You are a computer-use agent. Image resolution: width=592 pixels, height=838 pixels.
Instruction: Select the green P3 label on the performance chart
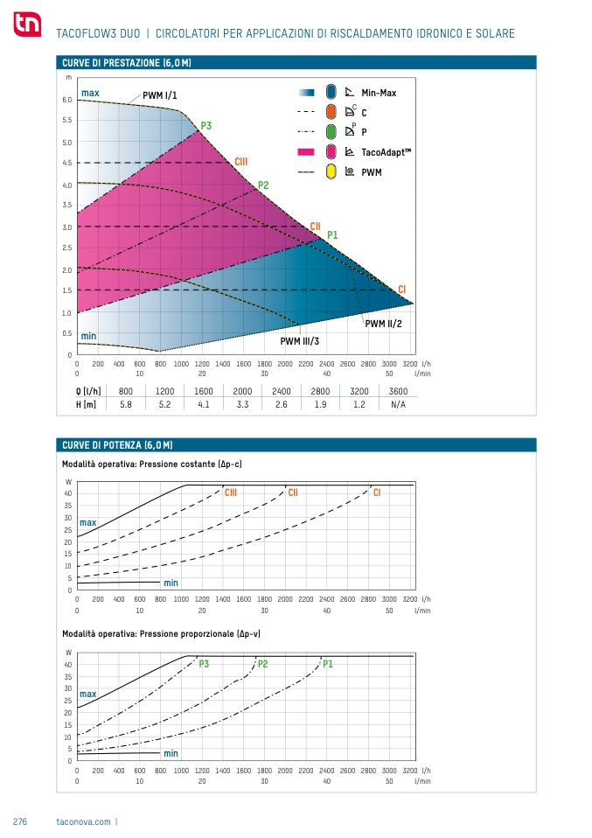[206, 126]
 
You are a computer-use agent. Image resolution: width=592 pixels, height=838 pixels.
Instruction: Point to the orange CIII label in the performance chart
[241, 162]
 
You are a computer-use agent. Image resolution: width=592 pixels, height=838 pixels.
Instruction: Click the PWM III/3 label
[300, 341]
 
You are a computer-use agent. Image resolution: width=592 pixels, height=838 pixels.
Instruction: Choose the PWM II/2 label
[384, 324]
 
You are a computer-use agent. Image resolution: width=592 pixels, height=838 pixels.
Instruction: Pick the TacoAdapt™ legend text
[386, 152]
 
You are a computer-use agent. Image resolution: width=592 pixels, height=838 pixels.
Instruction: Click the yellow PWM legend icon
[331, 171]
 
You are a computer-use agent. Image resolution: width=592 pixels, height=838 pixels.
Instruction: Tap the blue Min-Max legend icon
[331, 92]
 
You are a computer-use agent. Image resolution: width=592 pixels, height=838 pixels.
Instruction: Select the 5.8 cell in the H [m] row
[126, 404]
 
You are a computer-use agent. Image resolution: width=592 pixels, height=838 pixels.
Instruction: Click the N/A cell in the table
[398, 404]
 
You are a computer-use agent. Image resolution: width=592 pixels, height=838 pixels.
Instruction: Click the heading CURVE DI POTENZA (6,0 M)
[117, 445]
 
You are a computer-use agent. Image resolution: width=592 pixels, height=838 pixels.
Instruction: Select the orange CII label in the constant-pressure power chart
[294, 493]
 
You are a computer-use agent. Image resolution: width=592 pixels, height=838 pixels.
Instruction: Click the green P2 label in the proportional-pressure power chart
[263, 664]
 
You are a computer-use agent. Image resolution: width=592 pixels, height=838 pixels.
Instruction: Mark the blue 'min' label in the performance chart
[88, 336]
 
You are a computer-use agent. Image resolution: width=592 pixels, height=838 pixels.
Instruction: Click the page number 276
[20, 822]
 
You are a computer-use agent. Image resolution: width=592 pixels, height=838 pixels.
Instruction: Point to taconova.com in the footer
[83, 822]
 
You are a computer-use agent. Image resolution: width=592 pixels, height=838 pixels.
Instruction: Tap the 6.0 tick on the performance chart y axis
[67, 100]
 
